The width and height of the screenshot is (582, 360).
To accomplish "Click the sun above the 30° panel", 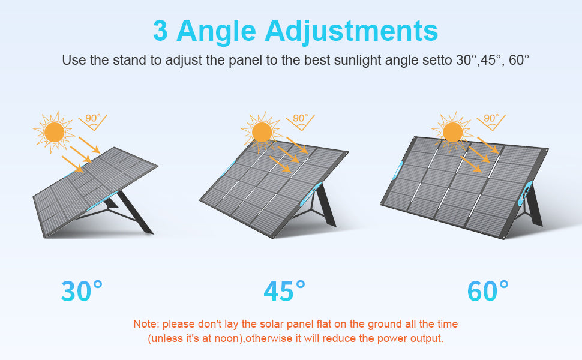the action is click(x=54, y=132).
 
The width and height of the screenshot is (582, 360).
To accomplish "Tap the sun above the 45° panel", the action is click(x=262, y=132).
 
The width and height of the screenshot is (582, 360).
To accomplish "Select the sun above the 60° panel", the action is click(x=453, y=132).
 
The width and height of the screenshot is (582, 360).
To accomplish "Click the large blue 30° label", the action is click(x=82, y=291).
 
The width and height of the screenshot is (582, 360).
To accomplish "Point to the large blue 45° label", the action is click(x=284, y=291).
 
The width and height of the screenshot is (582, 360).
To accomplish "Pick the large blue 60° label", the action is click(x=488, y=291).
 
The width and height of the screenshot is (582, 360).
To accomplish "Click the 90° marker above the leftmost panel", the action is click(x=93, y=121).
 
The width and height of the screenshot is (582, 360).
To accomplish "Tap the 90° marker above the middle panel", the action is click(x=300, y=121).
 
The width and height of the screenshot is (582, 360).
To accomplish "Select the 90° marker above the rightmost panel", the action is click(x=491, y=121).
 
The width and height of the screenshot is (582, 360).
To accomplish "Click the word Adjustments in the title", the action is click(x=351, y=31).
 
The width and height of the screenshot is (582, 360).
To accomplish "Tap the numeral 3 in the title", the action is click(x=160, y=31).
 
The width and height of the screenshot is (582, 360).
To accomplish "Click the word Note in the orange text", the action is click(x=145, y=324).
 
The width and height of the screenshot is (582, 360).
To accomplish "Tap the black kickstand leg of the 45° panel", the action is click(x=326, y=205).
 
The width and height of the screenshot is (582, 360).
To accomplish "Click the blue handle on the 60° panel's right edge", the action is click(x=525, y=193).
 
